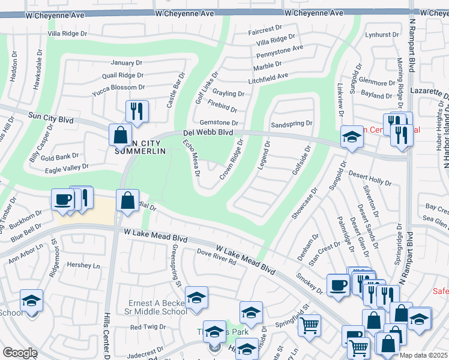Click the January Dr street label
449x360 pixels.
(x=126, y=62)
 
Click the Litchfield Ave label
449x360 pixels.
(x=268, y=76)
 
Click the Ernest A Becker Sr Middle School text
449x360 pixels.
(x=158, y=307)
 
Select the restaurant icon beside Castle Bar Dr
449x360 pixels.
(x=137, y=112)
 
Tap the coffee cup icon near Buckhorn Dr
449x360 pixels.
(x=62, y=200)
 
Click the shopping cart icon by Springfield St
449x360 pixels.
(x=309, y=325)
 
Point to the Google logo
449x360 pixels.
(x=20, y=353)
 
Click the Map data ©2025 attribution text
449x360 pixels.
(x=423, y=355)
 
